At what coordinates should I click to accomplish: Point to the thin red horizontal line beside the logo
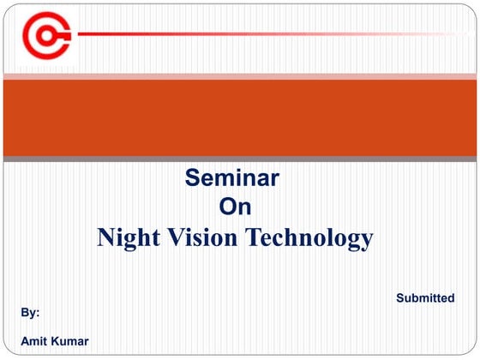coord(257,34)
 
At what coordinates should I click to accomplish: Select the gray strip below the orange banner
coord(240,159)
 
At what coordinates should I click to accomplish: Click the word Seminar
coord(232,178)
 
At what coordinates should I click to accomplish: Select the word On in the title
coord(235,207)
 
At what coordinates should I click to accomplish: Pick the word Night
coord(129,237)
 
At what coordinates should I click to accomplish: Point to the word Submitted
coord(425,298)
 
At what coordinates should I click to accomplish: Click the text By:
coord(31,314)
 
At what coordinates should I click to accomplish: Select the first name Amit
coord(34,342)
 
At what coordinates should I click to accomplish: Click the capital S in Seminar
coord(193,178)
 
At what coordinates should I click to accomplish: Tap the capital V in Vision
coord(176,237)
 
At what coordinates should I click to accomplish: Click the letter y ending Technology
coord(366,239)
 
